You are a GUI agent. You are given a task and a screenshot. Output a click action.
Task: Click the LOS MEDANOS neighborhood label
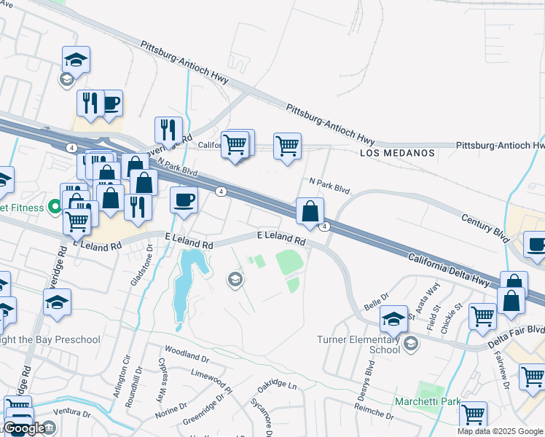397,154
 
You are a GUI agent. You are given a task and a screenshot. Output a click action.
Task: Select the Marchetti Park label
428,401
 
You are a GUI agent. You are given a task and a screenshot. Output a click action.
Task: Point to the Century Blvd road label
485,227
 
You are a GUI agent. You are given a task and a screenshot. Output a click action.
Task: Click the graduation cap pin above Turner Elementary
394,319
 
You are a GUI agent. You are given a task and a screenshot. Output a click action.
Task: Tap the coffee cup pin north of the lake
184,199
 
